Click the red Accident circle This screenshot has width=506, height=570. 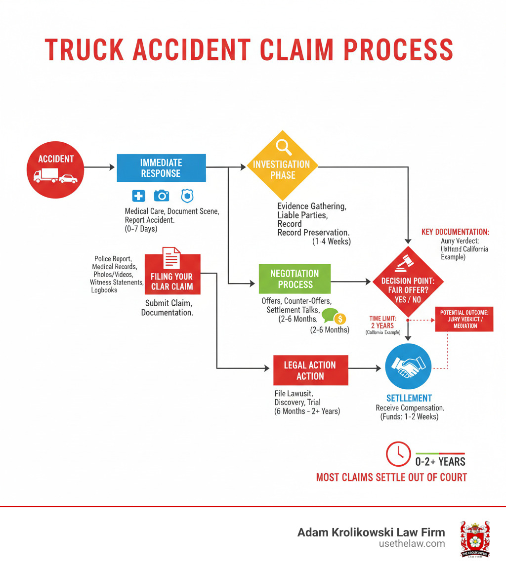pyautogui.click(x=55, y=168)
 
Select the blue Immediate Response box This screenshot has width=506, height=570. pyautogui.click(x=161, y=168)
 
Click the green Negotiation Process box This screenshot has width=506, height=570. pyautogui.click(x=295, y=279)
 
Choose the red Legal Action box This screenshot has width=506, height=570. pyautogui.click(x=310, y=370)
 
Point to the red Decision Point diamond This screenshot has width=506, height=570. pyautogui.click(x=408, y=282)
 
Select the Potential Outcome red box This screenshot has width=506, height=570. pyautogui.click(x=464, y=319)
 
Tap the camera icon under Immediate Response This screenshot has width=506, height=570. pyautogui.click(x=161, y=196)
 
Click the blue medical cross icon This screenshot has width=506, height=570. pyautogui.click(x=139, y=196)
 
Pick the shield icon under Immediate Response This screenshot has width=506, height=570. pyautogui.click(x=186, y=196)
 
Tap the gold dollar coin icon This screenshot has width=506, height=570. pyautogui.click(x=340, y=319)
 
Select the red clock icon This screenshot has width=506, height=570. pyautogui.click(x=398, y=454)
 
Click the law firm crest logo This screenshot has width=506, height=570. pyautogui.click(x=475, y=539)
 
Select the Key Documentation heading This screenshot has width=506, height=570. pyautogui.click(x=455, y=232)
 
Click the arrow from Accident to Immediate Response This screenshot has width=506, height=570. pyautogui.click(x=99, y=168)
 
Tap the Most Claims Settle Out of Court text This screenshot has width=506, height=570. pyautogui.click(x=391, y=477)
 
